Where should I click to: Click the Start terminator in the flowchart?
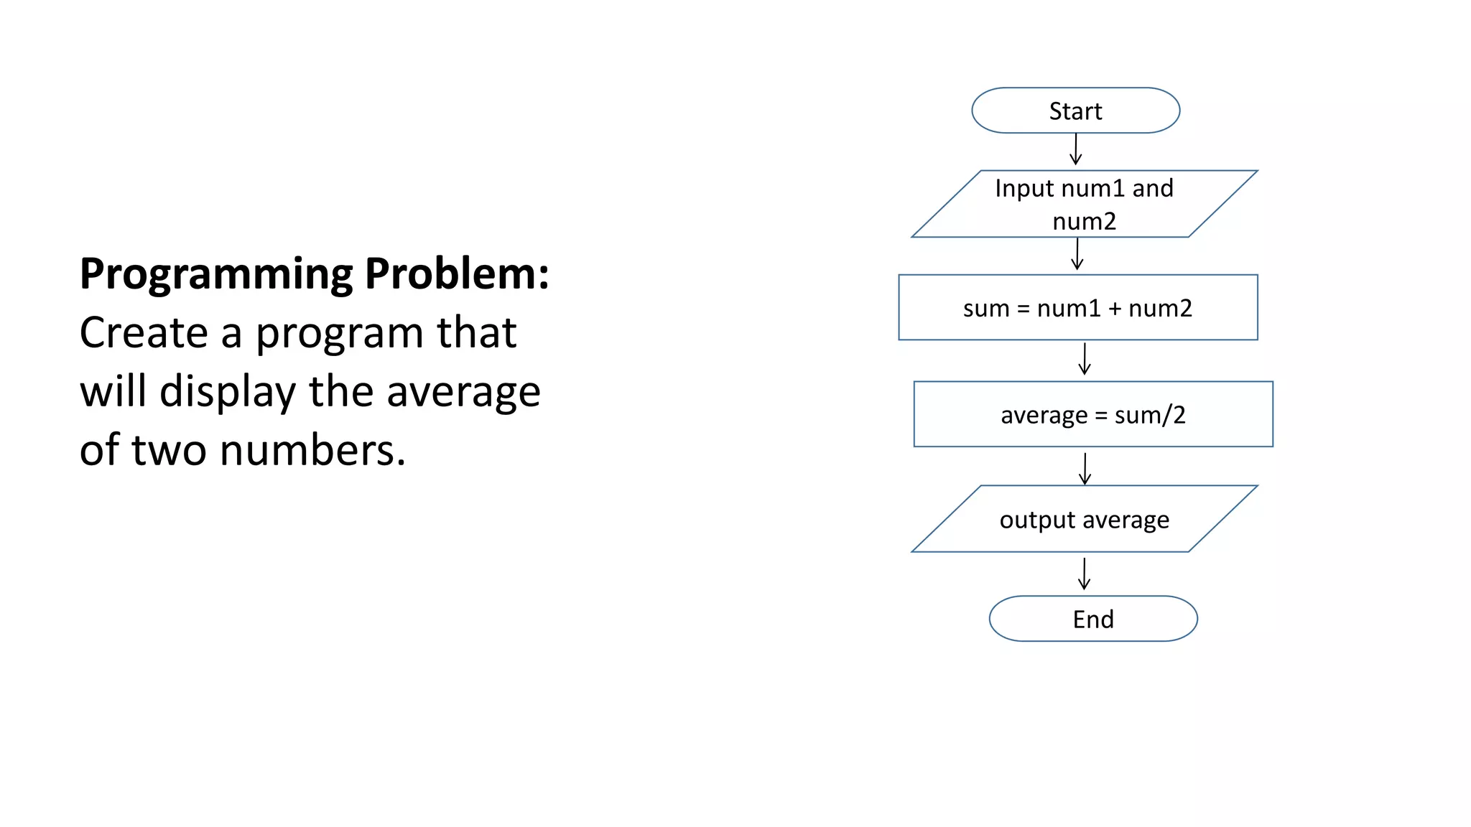click(1075, 111)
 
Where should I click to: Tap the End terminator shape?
click(1092, 619)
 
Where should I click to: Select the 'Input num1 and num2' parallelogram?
click(1084, 204)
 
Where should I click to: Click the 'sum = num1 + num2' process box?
click(1077, 308)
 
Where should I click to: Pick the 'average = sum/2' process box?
click(1092, 414)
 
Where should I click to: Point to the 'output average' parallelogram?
click(1084, 519)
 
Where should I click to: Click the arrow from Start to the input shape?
click(1075, 149)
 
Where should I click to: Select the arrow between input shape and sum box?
click(1077, 254)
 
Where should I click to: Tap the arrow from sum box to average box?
click(1085, 359)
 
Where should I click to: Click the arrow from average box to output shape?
click(1085, 468)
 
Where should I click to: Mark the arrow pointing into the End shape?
click(1084, 574)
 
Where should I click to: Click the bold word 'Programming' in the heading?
click(216, 275)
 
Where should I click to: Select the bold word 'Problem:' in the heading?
click(457, 274)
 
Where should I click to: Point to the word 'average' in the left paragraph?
click(463, 393)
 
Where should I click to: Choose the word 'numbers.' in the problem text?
click(313, 451)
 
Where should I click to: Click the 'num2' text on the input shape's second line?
click(1084, 221)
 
